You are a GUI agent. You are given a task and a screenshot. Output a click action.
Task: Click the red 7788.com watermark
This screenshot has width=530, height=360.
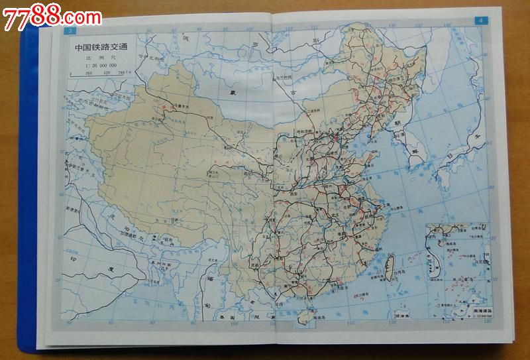[52, 16]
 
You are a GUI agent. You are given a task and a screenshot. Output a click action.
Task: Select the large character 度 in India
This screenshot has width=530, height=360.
[107, 268]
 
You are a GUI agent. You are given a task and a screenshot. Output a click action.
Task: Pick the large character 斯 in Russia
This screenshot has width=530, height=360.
[317, 40]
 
